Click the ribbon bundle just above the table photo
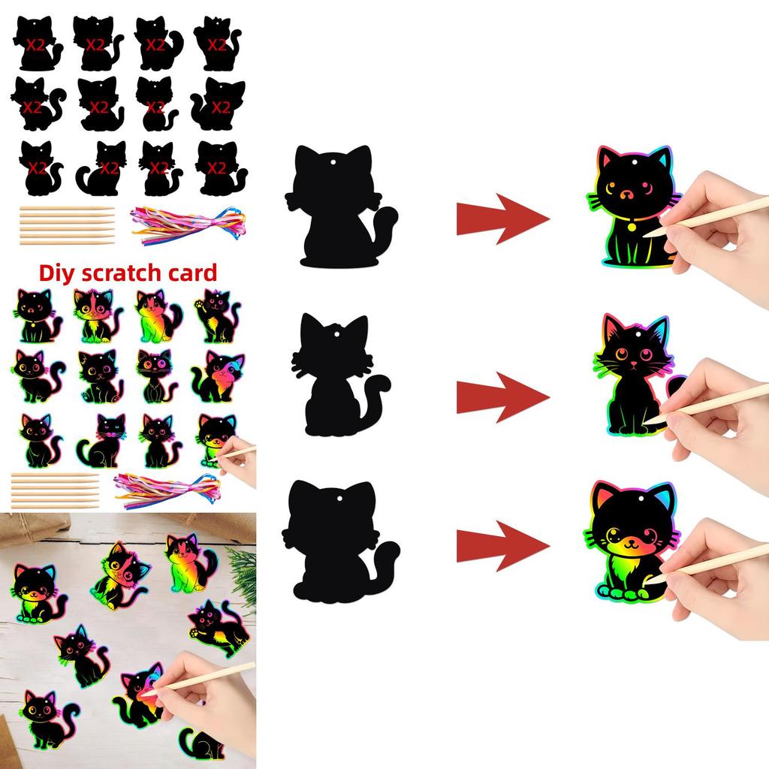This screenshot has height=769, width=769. [165, 487]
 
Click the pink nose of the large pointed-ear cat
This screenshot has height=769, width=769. [633, 363]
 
